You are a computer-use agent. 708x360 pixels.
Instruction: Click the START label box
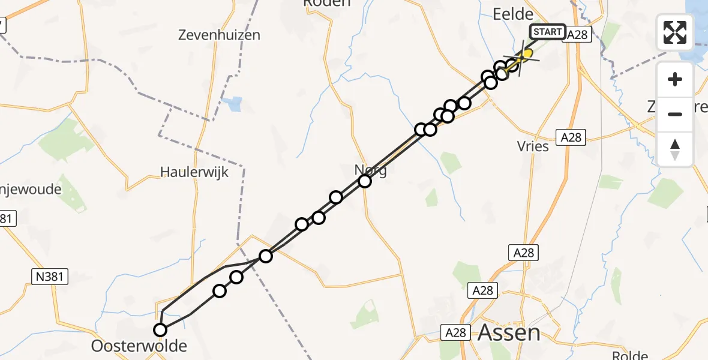pyautogui.click(x=547, y=32)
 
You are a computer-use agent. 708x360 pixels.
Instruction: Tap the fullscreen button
pyautogui.click(x=675, y=32)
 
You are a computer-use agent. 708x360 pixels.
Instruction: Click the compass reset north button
pyautogui.click(x=675, y=149)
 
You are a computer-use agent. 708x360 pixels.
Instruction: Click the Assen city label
pyautogui.click(x=509, y=332)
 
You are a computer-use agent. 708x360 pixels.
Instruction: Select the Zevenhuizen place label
pyautogui.click(x=219, y=35)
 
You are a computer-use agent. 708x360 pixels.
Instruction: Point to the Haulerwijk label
pyautogui.click(x=194, y=172)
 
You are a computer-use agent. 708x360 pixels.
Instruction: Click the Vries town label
pyautogui.click(x=532, y=146)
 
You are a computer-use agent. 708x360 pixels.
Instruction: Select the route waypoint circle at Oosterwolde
pyautogui.click(x=160, y=329)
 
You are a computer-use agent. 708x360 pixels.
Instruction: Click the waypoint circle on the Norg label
pyautogui.click(x=365, y=181)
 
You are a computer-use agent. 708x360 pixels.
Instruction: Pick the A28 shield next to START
pyautogui.click(x=578, y=35)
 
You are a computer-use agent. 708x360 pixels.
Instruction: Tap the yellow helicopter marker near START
pyautogui.click(x=526, y=55)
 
